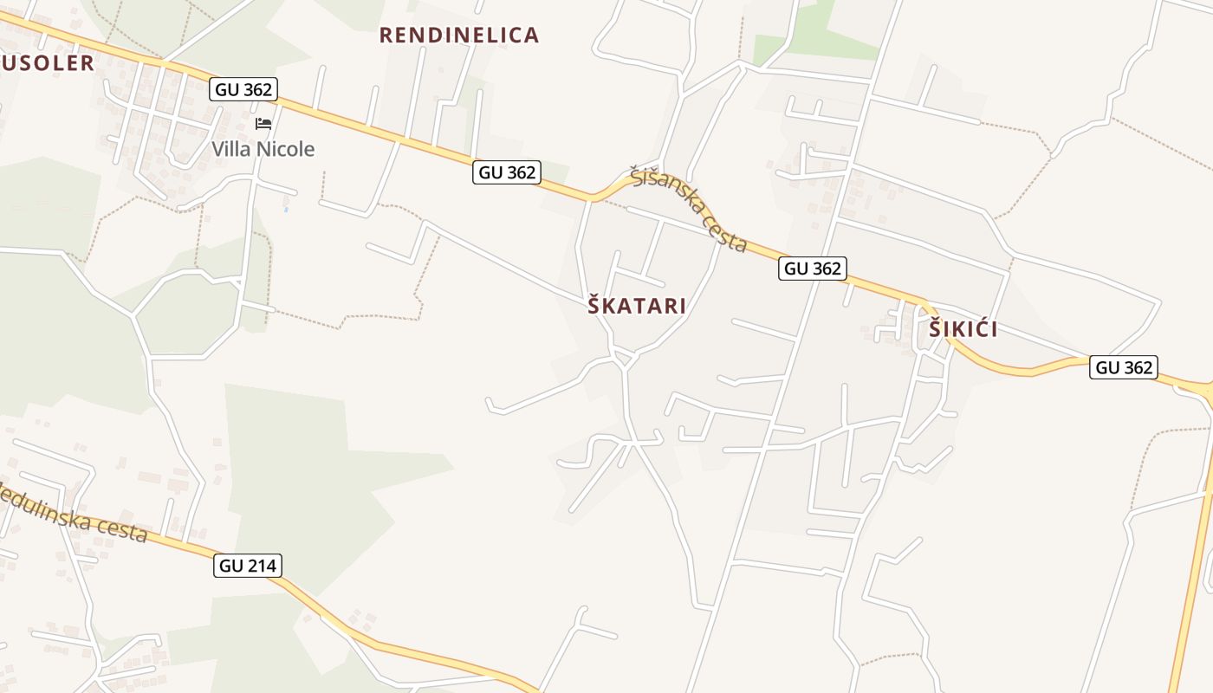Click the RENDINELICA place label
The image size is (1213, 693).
(x=459, y=36)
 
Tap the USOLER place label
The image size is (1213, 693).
(x=48, y=62)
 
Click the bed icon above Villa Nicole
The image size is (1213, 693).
(x=263, y=124)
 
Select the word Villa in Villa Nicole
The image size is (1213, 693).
(x=232, y=149)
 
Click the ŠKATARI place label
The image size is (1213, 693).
(x=637, y=306)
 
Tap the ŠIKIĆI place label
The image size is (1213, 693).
(x=963, y=329)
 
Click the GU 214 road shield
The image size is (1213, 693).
(x=248, y=566)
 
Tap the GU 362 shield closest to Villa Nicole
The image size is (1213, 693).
(x=243, y=88)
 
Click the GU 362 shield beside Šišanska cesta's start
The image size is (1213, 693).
(x=507, y=172)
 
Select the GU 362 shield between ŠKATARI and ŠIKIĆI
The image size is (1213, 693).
(x=813, y=269)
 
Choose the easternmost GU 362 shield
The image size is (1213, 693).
(x=1125, y=367)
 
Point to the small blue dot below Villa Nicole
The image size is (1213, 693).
(x=286, y=209)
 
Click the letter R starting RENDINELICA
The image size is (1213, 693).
(x=386, y=36)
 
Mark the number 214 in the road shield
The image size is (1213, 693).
(x=261, y=566)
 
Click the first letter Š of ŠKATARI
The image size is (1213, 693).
(x=594, y=306)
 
